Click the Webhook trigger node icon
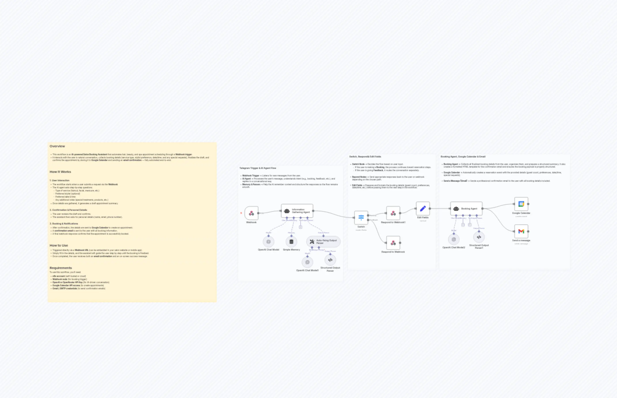[x=251, y=213]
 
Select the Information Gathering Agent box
[x=297, y=211]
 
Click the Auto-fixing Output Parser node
[x=323, y=242]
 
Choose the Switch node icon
[x=361, y=218]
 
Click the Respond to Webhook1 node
[x=393, y=213]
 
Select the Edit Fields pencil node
[x=423, y=209]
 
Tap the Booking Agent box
[x=466, y=209]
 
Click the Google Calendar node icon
[x=521, y=204]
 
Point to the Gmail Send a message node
[x=521, y=232]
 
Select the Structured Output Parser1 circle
[x=479, y=237]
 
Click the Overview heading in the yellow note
[x=57, y=146]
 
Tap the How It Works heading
[x=60, y=172]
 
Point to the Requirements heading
[x=61, y=268]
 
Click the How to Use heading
[x=59, y=245]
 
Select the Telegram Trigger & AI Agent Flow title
[x=258, y=168]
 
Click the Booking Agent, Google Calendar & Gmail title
[x=463, y=157]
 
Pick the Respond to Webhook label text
[x=393, y=252]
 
